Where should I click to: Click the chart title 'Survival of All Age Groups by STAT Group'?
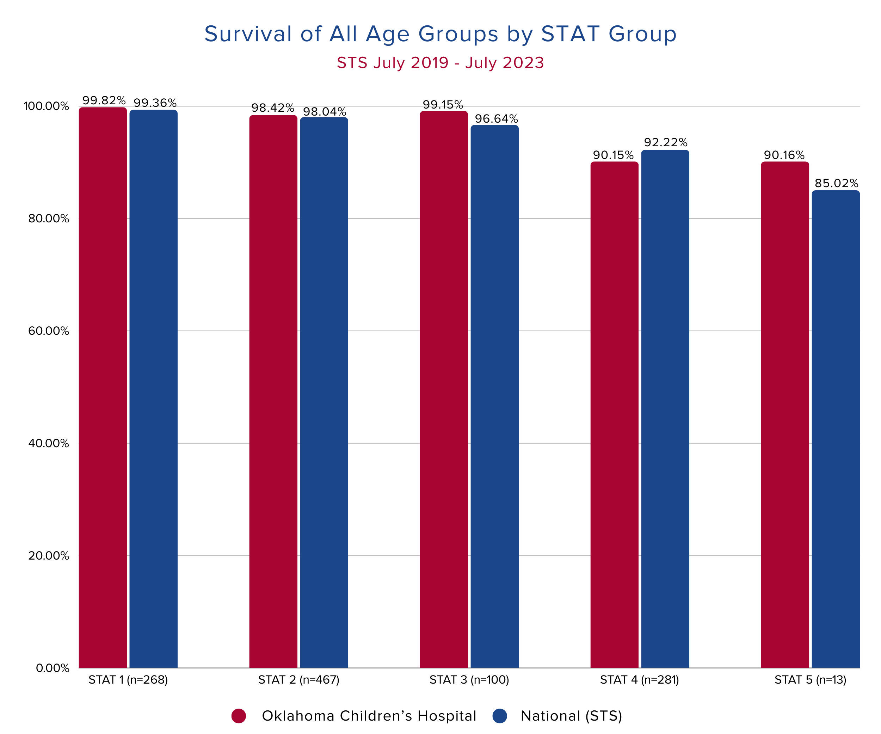tap(440, 34)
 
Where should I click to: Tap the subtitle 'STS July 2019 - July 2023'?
tap(440, 63)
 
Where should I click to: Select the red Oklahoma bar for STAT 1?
tap(103, 388)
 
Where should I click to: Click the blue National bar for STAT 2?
tap(324, 393)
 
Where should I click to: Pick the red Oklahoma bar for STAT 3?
tap(444, 389)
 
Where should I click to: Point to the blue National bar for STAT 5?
tap(836, 429)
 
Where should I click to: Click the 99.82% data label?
tap(104, 101)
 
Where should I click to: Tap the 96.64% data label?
tap(496, 119)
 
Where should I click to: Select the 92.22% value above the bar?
tap(666, 143)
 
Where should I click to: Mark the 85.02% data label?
tap(837, 183)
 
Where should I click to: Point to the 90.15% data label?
tap(613, 155)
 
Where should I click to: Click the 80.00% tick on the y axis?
tap(49, 218)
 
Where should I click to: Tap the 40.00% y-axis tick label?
tap(49, 443)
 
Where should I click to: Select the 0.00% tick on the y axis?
tap(53, 668)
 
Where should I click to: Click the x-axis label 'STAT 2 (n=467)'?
tap(299, 680)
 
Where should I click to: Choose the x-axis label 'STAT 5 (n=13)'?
tap(811, 680)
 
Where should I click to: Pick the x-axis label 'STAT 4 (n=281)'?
tap(639, 680)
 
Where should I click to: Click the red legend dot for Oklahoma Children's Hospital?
tap(239, 716)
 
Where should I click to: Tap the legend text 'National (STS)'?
tap(571, 716)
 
